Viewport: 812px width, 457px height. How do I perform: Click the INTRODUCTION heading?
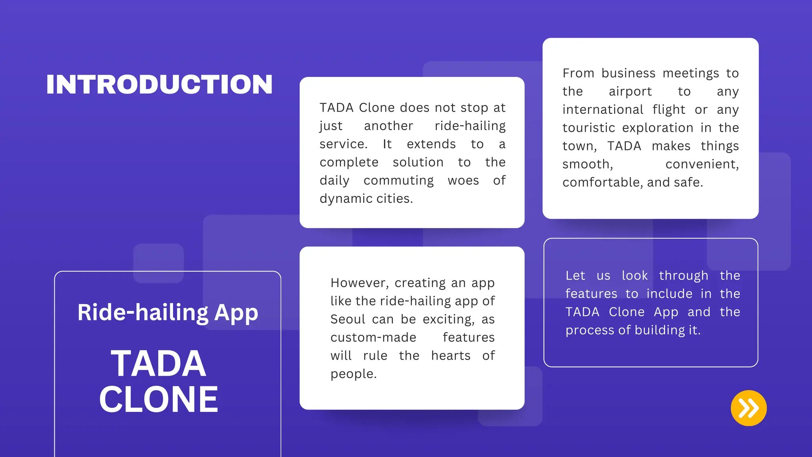click(x=159, y=84)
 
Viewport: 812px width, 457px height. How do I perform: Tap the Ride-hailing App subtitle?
click(x=168, y=313)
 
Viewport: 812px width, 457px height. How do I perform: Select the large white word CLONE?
click(x=159, y=399)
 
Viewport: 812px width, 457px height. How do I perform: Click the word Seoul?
click(x=348, y=319)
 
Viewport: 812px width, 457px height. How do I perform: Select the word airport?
click(x=630, y=92)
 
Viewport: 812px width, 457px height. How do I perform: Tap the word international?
click(x=603, y=109)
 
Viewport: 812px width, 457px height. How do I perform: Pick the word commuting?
click(x=398, y=180)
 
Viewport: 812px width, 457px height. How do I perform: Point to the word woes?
click(x=463, y=180)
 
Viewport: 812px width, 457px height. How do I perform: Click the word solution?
click(x=418, y=162)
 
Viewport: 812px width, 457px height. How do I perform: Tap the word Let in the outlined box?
click(x=575, y=276)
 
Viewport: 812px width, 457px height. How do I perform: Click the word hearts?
click(x=451, y=355)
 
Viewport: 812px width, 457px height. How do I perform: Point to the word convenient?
click(x=702, y=164)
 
